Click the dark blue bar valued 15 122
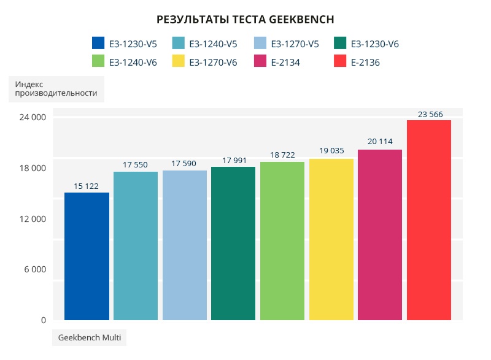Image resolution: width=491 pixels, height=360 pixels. pos(87,256)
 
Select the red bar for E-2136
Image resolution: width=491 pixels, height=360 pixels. pos(428,220)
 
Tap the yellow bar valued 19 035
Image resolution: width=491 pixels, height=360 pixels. pos(331,239)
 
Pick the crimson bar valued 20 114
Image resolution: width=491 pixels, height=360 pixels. pos(380,235)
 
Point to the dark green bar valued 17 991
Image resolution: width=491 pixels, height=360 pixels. pos(233,243)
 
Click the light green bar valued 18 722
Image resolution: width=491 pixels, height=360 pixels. pos(282,241)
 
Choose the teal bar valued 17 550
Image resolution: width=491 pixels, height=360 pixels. pos(136,246)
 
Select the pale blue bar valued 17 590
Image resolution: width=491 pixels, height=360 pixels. pos(184,245)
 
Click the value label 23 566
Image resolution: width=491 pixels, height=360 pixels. pos(430,114)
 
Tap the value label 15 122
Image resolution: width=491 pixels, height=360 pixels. pos(86,186)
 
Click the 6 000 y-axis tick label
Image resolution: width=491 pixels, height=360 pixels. pos(34,269)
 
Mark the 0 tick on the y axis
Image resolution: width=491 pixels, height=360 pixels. pos(43,320)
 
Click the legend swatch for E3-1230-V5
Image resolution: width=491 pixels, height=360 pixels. pos(98,44)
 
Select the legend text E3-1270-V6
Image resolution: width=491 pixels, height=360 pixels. pos(213,62)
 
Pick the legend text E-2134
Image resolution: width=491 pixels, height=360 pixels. pos(285,62)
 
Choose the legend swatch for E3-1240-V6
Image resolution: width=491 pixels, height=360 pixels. pos(98,61)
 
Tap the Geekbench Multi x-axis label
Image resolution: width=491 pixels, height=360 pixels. pos(89,338)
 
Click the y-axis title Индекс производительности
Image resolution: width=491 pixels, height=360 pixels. pos(56,88)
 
